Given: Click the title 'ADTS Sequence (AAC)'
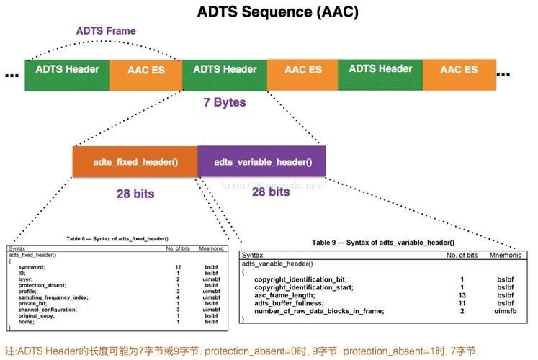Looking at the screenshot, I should click(x=277, y=12).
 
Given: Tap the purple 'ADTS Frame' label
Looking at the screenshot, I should click(x=106, y=31).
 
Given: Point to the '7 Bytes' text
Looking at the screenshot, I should click(x=225, y=102).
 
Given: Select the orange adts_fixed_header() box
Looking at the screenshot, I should click(x=135, y=162).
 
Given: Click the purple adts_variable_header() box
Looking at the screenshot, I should click(x=263, y=162).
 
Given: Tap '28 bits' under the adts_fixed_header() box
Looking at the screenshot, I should click(x=135, y=194).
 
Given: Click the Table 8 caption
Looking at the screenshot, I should click(x=117, y=238).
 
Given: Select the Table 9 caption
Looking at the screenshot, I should click(x=382, y=243).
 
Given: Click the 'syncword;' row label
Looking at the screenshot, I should click(x=33, y=267).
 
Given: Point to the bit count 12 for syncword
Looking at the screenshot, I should click(x=177, y=267).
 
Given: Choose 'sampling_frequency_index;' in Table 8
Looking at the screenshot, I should click(x=53, y=297).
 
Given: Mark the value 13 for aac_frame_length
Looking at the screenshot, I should click(x=462, y=294).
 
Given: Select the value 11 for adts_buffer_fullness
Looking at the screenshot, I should click(x=462, y=302).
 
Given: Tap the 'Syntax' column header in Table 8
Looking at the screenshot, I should click(x=17, y=248).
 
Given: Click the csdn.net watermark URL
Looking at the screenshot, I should click(x=274, y=185).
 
